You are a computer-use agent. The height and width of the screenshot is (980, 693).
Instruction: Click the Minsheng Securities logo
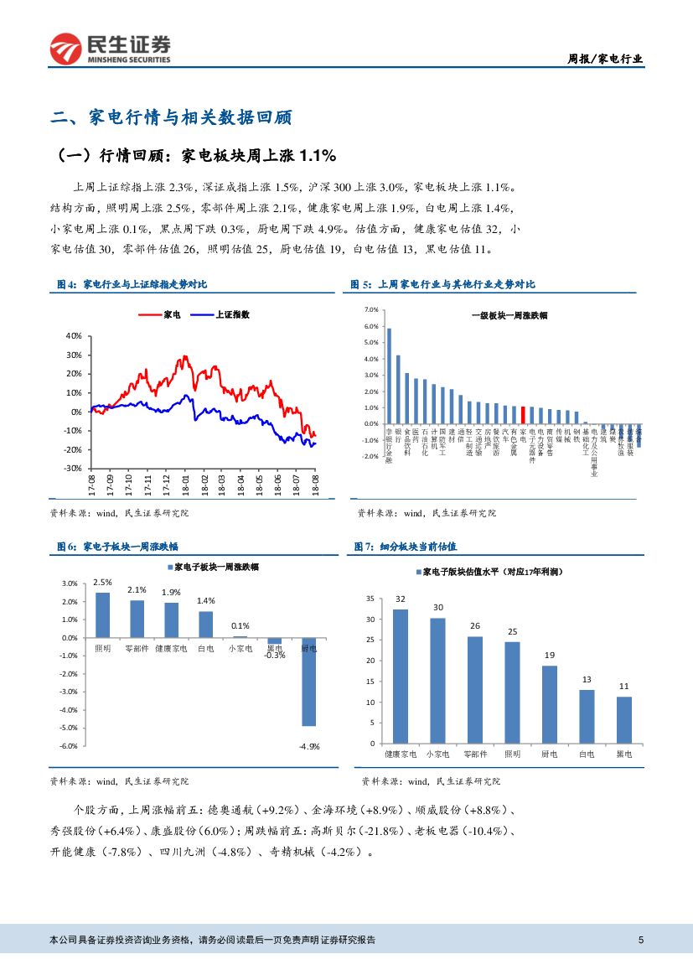[110, 49]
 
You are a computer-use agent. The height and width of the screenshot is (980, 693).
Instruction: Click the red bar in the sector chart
[523, 415]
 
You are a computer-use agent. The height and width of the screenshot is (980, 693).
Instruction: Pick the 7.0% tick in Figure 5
[372, 310]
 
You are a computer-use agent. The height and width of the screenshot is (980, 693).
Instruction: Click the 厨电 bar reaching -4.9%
[308, 681]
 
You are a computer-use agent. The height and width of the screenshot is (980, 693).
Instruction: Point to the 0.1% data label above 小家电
[240, 625]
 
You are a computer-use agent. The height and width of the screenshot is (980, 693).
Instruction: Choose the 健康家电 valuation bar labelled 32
[401, 676]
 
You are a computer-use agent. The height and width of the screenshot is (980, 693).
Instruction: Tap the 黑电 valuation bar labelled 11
[623, 719]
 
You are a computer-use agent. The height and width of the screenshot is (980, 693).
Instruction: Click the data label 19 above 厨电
[549, 655]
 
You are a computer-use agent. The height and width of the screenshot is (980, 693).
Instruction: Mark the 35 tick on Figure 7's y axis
[370, 599]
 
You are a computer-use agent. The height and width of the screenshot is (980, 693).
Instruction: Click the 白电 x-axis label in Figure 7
[587, 754]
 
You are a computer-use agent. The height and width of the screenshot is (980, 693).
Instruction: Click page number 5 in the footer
[641, 940]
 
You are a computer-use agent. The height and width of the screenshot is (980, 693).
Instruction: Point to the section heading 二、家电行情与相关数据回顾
[171, 117]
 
